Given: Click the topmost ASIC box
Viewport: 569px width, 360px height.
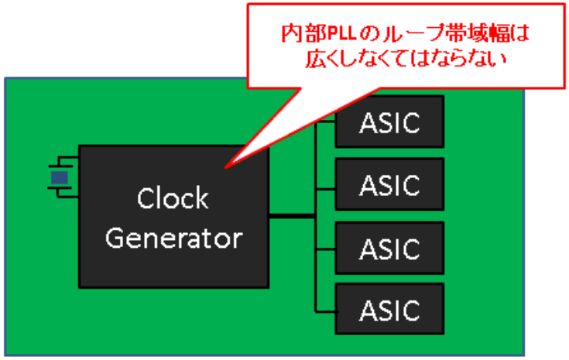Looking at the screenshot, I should click(x=389, y=122).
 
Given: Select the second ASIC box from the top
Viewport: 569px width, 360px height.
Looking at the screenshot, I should click(x=389, y=184).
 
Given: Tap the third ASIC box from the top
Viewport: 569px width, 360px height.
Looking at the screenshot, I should click(x=389, y=248).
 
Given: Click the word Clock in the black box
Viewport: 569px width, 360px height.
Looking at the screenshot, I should click(x=173, y=199).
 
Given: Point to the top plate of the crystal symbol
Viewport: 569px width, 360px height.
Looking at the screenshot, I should click(x=60, y=165).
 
